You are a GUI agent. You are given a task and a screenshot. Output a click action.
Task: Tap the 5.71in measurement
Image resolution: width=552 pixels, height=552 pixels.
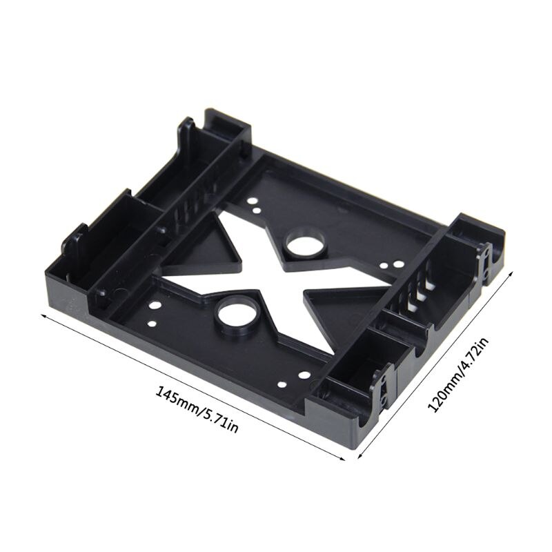pyautogui.click(x=220, y=420)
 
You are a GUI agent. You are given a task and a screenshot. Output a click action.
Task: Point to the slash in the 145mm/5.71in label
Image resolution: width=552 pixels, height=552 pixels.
pyautogui.click(x=199, y=411)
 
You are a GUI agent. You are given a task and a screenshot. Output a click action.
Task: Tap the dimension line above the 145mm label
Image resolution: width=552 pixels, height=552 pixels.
pyautogui.click(x=193, y=386)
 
